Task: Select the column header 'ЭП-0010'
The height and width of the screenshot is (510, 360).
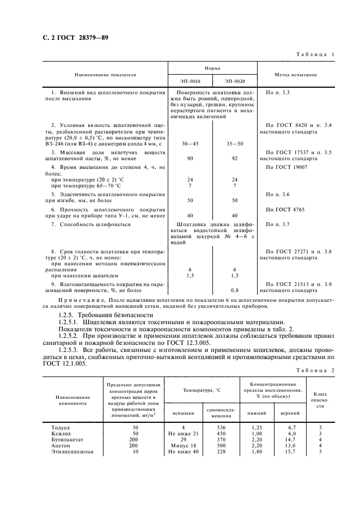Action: pyautogui.click(x=190, y=81)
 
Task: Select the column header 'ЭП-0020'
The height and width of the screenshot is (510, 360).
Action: pyautogui.click(x=235, y=81)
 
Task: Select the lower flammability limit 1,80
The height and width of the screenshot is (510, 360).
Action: pyautogui.click(x=250, y=451)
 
